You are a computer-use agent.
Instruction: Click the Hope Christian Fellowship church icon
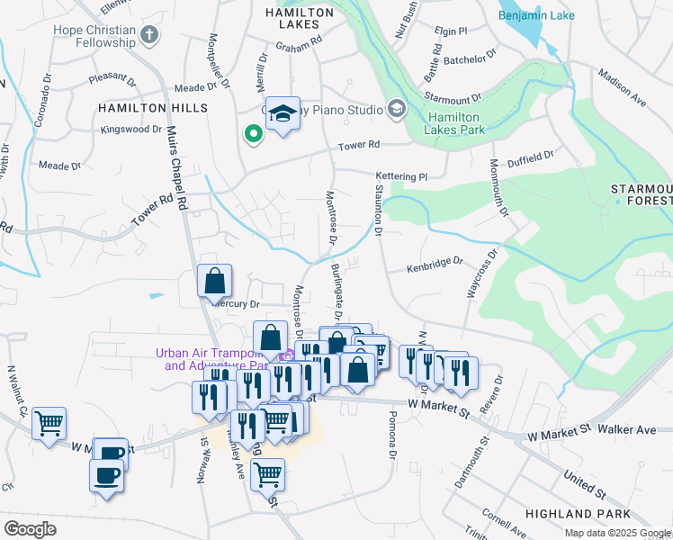pos(150,34)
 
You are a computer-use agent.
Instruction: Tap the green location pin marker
pos(254,135)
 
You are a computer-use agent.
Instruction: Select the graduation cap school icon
pos(283,114)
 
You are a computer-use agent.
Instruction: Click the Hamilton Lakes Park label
pos(456,123)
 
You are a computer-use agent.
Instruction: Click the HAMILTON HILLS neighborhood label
pos(153,108)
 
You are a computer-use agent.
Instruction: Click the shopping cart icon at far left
pos(49,422)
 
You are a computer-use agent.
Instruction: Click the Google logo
pos(30,529)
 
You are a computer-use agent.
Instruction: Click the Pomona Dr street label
pos(392,437)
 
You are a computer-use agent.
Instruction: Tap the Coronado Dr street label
pos(41,106)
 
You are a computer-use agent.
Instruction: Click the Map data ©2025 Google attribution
pos(616,533)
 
